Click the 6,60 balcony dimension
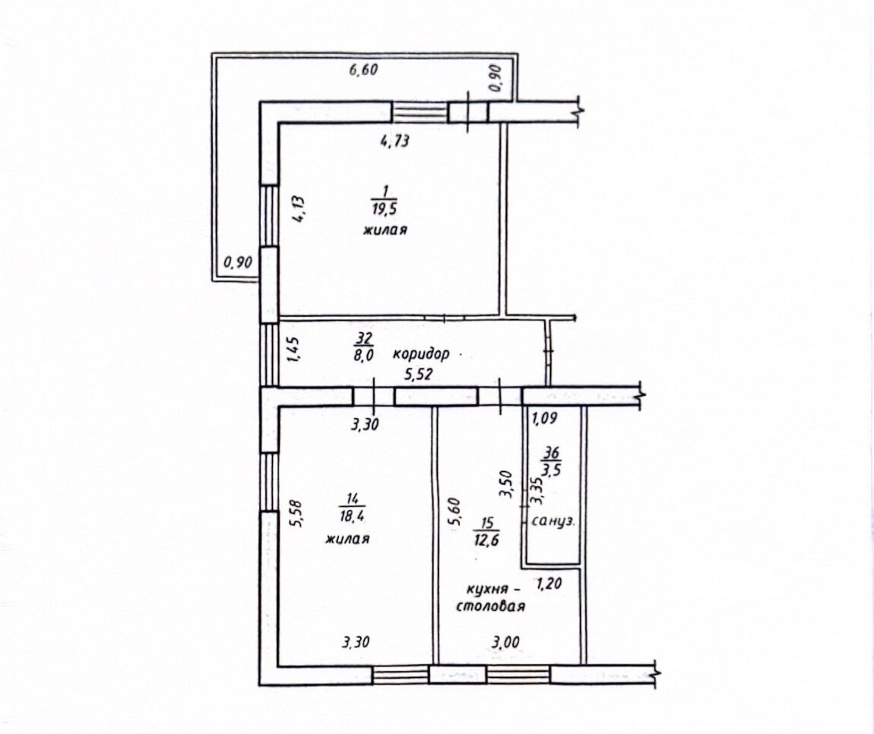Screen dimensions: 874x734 coord(363,70)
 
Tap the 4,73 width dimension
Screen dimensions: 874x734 coord(395,140)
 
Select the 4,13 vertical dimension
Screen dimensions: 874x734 coord(298,209)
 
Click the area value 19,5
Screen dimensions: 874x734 coord(383,209)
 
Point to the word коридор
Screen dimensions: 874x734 coord(421,353)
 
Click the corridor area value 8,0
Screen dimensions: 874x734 coord(363,354)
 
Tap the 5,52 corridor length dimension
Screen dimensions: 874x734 coord(419,375)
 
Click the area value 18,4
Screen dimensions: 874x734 coord(352,516)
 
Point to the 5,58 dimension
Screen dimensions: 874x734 coord(296,514)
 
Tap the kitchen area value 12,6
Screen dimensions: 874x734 coord(486,539)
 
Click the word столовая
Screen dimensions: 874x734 coord(490,606)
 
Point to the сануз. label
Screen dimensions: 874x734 coord(553,522)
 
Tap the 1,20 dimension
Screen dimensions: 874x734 coord(549,584)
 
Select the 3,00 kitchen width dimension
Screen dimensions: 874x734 coord(505,642)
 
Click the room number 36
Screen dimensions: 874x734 coord(552,453)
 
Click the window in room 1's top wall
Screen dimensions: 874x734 coord(420,112)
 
